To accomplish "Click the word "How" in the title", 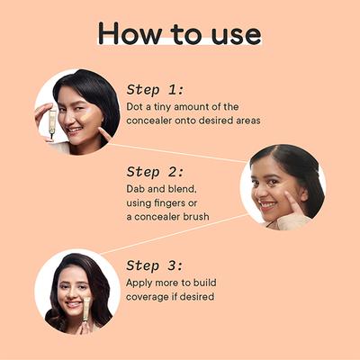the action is pos(130,33).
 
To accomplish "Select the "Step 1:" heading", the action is pos(155,90).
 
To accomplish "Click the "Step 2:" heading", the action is pos(155,172).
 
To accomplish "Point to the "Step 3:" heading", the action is pos(155,265).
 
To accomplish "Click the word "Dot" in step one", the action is pos(134,106).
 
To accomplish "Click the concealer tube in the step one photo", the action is pos(52,124).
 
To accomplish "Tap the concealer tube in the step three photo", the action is pos(86,309).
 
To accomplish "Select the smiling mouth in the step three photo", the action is pos(73,304).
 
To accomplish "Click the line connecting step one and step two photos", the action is pos(178,153).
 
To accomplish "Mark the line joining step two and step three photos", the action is pos(175,234).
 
